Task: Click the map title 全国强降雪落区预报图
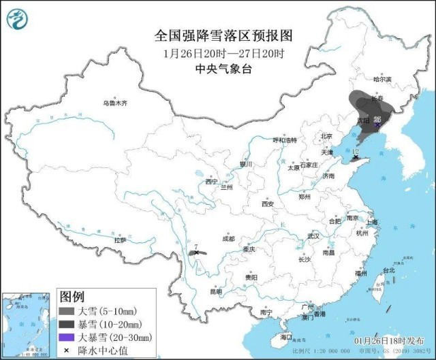(x=218, y=35)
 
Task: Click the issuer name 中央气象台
(x=218, y=68)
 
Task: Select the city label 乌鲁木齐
(x=115, y=103)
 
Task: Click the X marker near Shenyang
(x=377, y=124)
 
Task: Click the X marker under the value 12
(x=355, y=158)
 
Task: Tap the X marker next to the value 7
(x=197, y=252)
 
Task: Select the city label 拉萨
(x=120, y=240)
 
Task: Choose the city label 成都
(x=228, y=239)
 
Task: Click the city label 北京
(x=326, y=136)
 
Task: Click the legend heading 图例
(x=72, y=297)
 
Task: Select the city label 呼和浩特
(x=285, y=140)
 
